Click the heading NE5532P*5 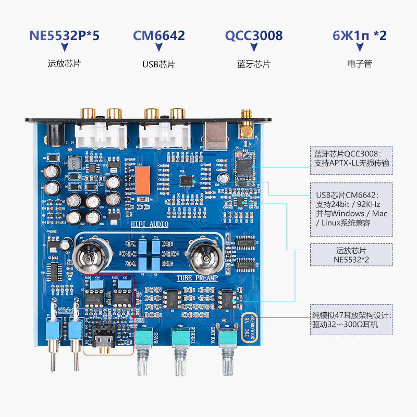[65, 35]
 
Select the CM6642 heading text [159, 35]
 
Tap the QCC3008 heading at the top [254, 35]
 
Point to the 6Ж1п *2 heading [359, 35]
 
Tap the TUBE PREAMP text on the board [194, 278]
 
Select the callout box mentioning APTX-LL [351, 160]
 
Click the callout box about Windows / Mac [351, 208]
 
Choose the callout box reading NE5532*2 [351, 255]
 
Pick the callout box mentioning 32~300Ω [351, 320]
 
